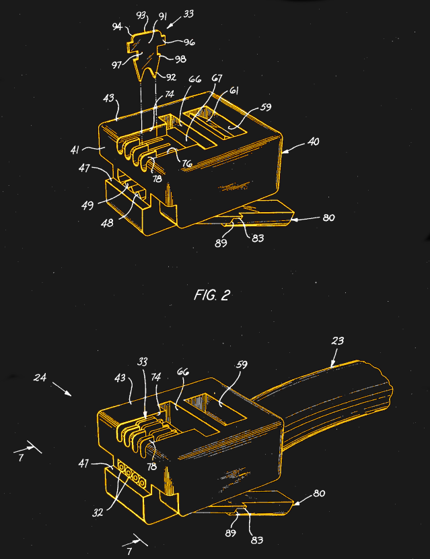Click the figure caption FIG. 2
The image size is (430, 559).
tap(212, 295)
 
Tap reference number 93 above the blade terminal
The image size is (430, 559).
tap(141, 15)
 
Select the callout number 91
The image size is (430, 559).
tap(162, 16)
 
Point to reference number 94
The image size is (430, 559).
tap(117, 26)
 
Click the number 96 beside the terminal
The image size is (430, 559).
tap(190, 42)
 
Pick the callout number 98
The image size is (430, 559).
tap(180, 59)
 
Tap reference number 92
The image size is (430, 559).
tap(171, 77)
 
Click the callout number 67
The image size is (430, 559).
tap(217, 78)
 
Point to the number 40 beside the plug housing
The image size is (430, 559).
tap(313, 141)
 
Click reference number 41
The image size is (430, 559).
tap(75, 150)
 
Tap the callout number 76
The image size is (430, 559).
tap(187, 163)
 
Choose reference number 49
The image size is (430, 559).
tap(87, 205)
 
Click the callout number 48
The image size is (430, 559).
tap(107, 223)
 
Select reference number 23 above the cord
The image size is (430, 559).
tap(337, 341)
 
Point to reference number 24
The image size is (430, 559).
tap(40, 377)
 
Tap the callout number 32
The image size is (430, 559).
tap(98, 513)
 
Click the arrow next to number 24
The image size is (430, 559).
tap(62, 389)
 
